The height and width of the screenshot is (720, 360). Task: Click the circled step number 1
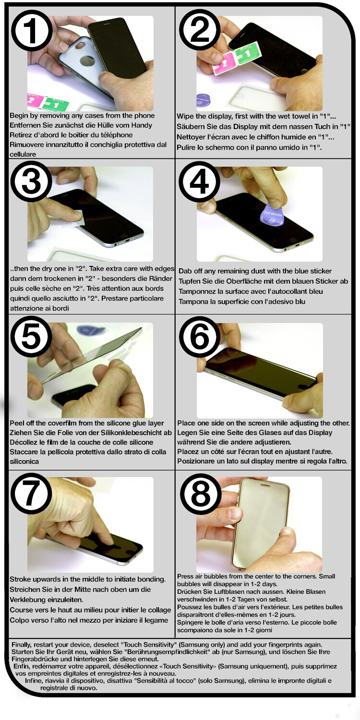pos(32,32)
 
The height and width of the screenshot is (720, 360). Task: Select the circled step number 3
pos(31,182)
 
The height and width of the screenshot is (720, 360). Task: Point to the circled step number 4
pos(199,182)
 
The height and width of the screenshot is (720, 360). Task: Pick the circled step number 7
pos(31,494)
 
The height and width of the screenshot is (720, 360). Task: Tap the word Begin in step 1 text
pos(19,116)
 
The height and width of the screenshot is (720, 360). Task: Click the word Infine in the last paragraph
pos(34,681)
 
